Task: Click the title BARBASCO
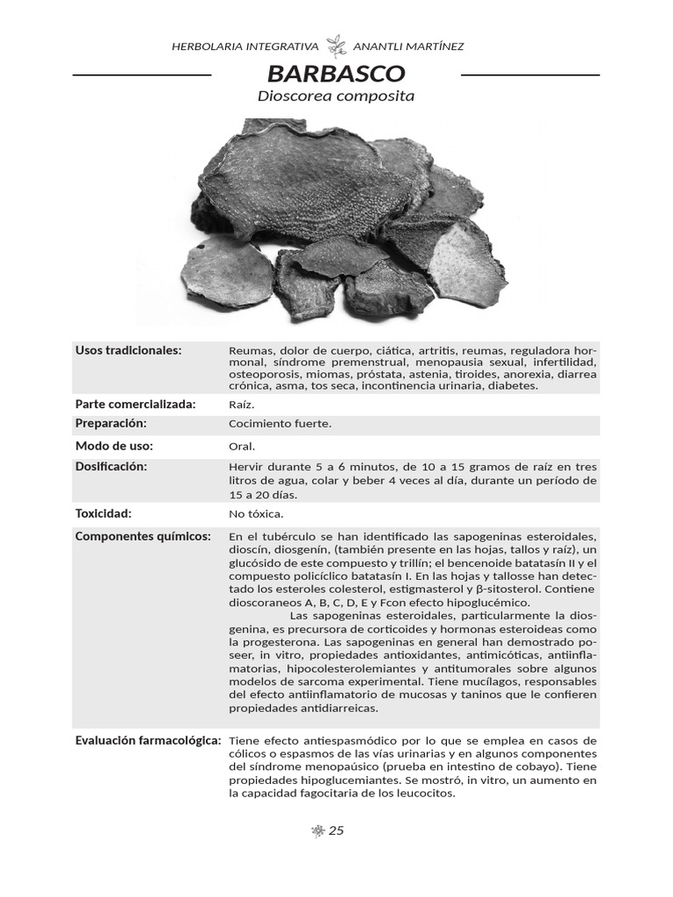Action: coord(336,73)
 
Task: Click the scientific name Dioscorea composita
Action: coord(336,96)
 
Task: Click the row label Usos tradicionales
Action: coord(128,350)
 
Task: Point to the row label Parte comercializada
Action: coord(135,404)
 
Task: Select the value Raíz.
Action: coord(241,405)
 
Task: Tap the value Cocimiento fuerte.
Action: coord(280,424)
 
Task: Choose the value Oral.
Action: coord(242,446)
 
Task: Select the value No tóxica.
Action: coord(256,514)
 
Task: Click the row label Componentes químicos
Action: coord(143,536)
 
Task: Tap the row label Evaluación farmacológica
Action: coord(147,741)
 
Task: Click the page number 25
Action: coord(336,830)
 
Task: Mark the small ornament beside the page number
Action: coord(318,830)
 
